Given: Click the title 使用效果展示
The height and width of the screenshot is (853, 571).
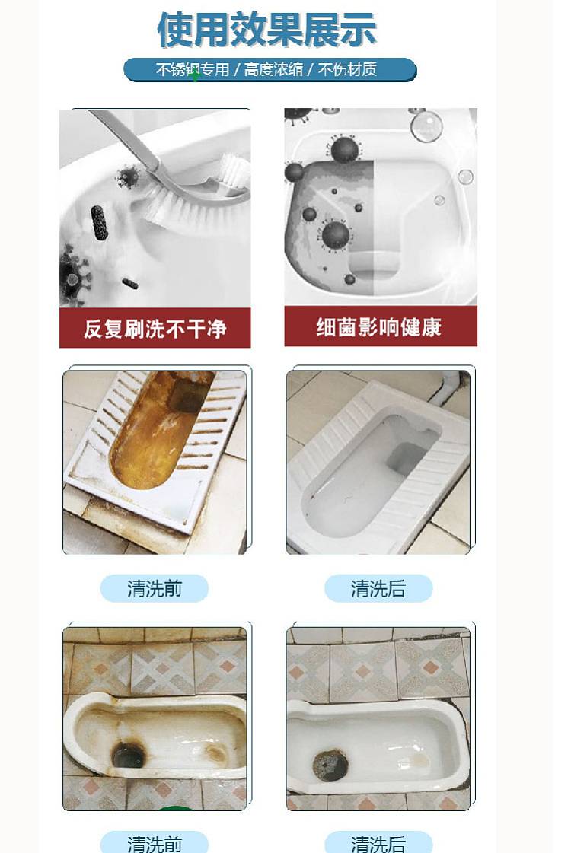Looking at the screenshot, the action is (x=266, y=29).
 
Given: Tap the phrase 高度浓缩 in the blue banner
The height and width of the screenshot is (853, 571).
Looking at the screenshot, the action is (x=273, y=70).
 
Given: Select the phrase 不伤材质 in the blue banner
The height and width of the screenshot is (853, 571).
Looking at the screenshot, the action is (x=347, y=70).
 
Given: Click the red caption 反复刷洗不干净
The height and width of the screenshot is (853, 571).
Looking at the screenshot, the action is (x=155, y=329).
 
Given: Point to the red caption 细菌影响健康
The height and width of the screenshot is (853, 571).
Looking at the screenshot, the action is (x=379, y=327).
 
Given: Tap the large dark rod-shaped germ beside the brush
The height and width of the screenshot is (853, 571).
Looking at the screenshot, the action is (x=99, y=222).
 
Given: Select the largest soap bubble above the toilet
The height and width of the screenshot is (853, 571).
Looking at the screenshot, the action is (x=426, y=125).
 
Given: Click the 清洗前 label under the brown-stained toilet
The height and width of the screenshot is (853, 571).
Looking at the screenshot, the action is (x=155, y=588).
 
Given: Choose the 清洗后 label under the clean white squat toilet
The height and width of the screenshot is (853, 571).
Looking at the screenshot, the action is (x=378, y=588).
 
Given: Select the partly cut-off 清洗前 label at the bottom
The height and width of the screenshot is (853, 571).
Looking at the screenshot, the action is (x=155, y=844).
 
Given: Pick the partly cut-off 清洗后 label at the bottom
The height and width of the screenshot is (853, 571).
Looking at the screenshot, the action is (x=378, y=844).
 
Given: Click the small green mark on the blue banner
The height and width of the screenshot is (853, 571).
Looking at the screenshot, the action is (x=195, y=75).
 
